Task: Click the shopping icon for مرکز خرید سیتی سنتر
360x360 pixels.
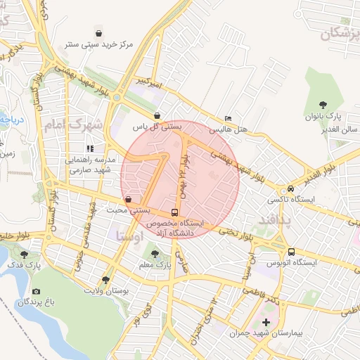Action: (x=99, y=33)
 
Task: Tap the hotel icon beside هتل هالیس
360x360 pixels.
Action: (x=227, y=118)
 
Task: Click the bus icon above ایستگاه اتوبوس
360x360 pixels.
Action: (x=291, y=252)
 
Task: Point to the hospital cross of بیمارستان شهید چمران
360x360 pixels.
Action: (x=266, y=323)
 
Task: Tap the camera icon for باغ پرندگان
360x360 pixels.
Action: (x=36, y=291)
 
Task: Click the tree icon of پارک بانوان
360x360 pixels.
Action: (x=323, y=105)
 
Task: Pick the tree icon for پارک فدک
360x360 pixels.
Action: (x=25, y=254)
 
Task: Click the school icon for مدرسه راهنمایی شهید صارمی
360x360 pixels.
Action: (x=89, y=148)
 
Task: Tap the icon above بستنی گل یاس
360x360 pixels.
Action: (x=157, y=115)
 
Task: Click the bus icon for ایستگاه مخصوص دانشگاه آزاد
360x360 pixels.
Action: (x=174, y=211)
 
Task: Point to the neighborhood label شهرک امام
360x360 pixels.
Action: (x=72, y=125)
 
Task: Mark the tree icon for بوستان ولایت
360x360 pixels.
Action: (x=106, y=279)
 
